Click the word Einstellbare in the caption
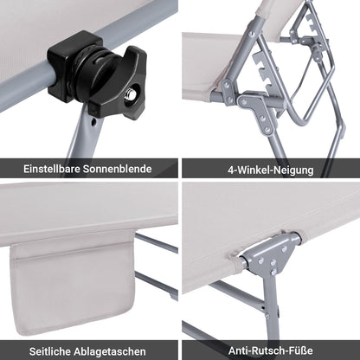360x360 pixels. pos(55,168)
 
